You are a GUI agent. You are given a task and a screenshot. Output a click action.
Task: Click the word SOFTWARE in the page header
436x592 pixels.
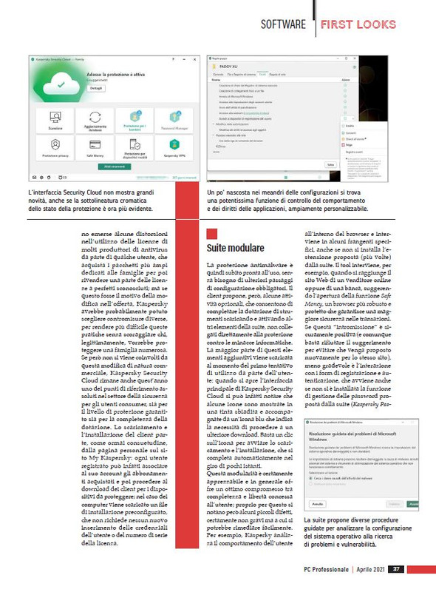coord(283,24)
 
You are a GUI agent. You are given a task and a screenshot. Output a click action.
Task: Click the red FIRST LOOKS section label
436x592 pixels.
coord(358,24)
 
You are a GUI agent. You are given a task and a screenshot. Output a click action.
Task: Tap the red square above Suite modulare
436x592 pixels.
coord(212,234)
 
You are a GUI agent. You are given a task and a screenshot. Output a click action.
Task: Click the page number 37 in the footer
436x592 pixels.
coord(396,569)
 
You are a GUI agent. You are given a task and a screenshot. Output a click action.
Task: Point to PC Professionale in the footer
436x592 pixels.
coord(327,569)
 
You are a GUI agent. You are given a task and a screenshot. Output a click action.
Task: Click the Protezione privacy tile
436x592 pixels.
coord(55,149)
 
